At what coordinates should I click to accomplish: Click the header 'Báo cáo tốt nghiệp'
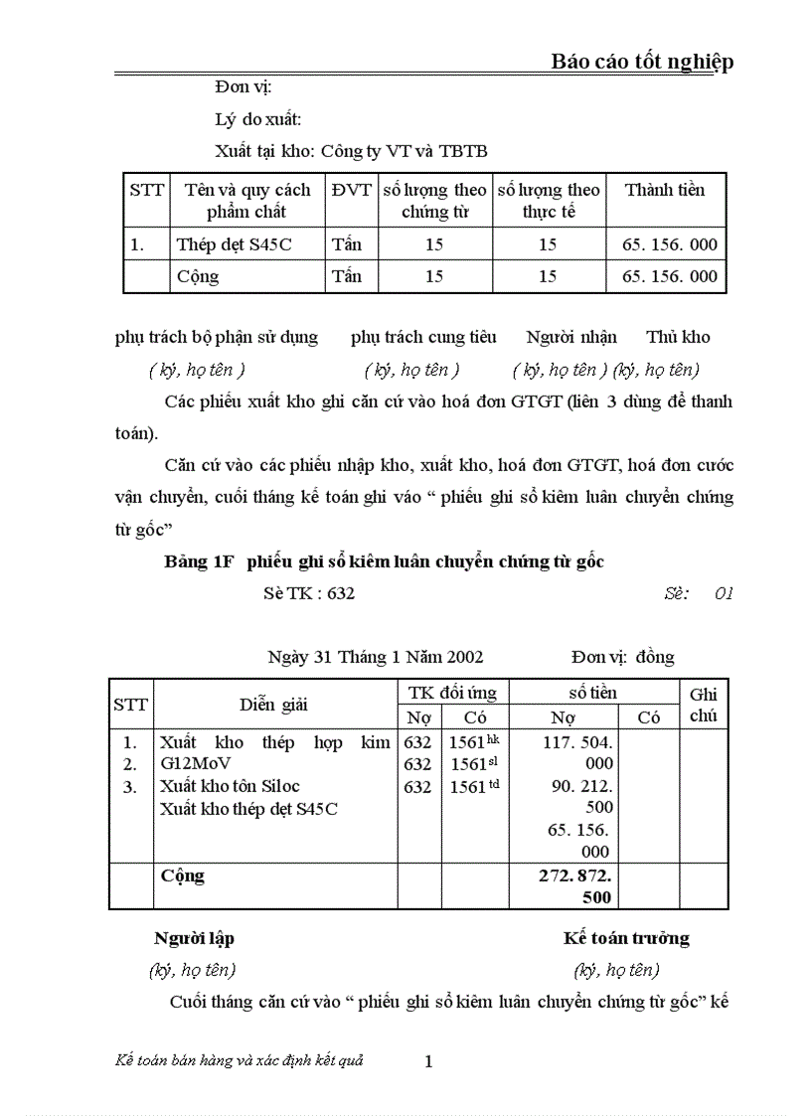(642, 62)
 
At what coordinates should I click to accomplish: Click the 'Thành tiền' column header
(665, 190)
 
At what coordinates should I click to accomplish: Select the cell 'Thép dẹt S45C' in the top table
(235, 243)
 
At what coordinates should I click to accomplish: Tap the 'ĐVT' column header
(351, 190)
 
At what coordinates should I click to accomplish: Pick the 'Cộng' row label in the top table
(198, 276)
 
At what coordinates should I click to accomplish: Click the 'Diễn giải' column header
(273, 705)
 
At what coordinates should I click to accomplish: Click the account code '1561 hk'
(473, 742)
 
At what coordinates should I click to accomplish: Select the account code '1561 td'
(473, 786)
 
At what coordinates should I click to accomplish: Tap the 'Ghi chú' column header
(703, 705)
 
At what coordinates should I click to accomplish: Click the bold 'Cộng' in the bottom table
(183, 876)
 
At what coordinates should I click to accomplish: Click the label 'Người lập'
(194, 938)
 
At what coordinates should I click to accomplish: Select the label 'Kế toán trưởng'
(626, 938)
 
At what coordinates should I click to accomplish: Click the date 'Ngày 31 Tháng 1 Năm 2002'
(376, 657)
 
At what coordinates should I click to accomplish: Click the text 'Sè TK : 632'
(309, 593)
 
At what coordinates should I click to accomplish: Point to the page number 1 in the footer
(428, 1061)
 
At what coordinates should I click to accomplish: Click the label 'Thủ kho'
(678, 337)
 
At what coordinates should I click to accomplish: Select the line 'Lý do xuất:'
(258, 119)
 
